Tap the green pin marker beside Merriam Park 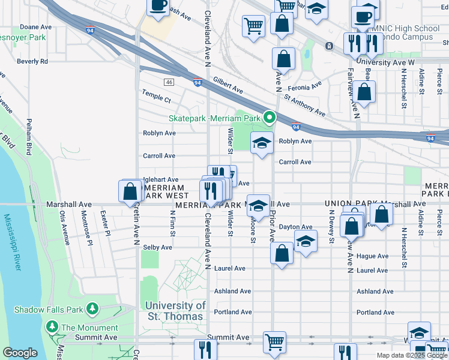coord(270,117)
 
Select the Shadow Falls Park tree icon coord(92,308)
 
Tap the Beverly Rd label coord(32,61)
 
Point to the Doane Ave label coord(32,27)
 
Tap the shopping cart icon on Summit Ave coord(274,343)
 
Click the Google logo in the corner coord(20,353)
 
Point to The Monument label coord(89,328)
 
